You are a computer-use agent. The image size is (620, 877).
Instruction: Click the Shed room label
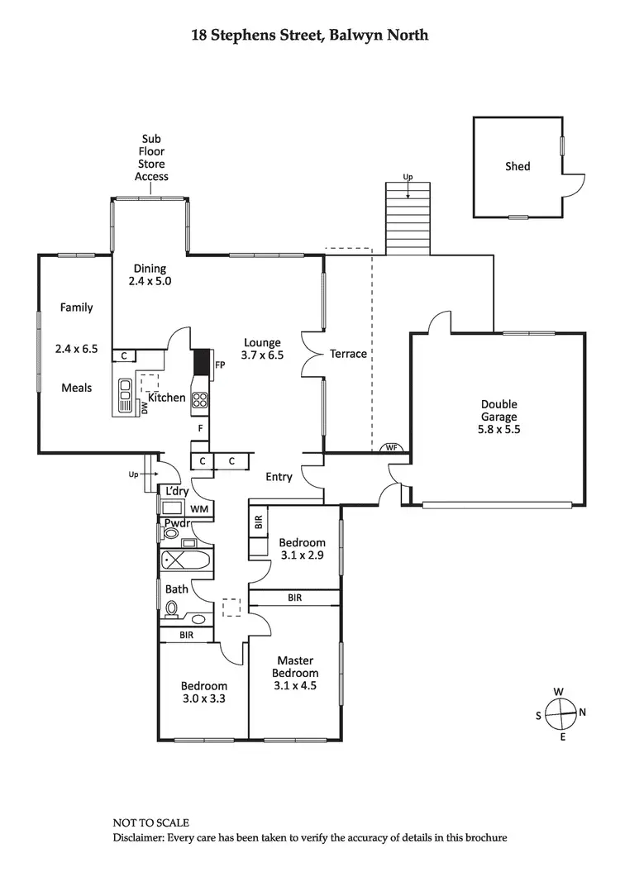(x=517, y=166)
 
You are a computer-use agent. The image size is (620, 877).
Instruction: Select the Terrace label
(x=348, y=354)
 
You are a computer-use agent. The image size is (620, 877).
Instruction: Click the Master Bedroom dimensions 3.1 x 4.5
(x=294, y=685)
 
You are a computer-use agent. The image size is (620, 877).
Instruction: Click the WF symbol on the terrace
(x=392, y=448)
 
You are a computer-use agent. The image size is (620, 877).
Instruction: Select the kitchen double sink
(x=125, y=395)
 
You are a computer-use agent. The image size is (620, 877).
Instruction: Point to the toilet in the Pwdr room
(x=171, y=533)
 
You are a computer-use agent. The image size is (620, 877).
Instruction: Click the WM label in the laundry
(x=198, y=509)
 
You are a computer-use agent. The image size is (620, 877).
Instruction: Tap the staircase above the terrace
(x=408, y=217)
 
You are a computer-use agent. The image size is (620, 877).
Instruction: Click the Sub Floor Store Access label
(x=151, y=158)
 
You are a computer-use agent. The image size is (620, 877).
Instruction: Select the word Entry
(x=279, y=477)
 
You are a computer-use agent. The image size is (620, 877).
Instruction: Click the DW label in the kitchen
(x=145, y=408)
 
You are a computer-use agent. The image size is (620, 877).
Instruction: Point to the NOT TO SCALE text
(x=151, y=822)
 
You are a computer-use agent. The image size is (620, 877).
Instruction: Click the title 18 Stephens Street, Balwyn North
(x=310, y=36)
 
